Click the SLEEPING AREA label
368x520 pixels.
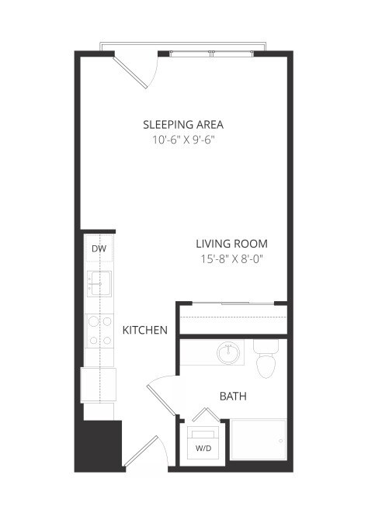[183, 124]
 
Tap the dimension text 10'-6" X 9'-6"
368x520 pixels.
[183, 140]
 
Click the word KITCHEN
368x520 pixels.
[145, 330]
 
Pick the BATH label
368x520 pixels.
[233, 396]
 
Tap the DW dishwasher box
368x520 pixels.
[99, 249]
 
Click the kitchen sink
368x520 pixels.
[99, 283]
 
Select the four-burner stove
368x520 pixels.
[99, 329]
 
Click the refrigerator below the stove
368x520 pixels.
[99, 384]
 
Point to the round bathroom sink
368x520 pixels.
[228, 354]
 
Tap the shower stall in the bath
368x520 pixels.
[259, 442]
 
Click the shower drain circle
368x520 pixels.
[279, 440]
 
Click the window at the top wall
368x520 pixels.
[212, 53]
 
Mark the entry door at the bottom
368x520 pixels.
[143, 454]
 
